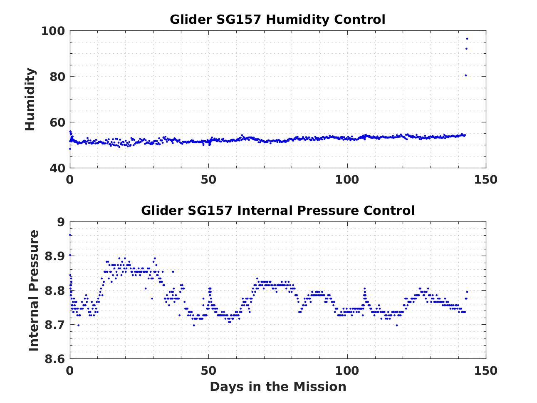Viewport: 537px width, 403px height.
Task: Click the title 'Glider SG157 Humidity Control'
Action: [x=277, y=20]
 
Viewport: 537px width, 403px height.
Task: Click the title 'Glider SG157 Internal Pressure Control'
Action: [x=277, y=210]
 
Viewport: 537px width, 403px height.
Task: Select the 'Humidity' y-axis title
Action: [x=30, y=100]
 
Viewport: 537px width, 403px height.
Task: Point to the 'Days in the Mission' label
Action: [x=277, y=387]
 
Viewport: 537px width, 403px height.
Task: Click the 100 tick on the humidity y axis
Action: [x=52, y=31]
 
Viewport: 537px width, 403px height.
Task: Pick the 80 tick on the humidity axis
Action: [x=57, y=77]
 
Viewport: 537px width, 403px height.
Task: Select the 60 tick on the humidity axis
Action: [x=57, y=122]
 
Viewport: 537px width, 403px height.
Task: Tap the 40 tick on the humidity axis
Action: [x=57, y=168]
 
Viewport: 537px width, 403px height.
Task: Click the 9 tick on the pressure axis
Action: [x=61, y=222]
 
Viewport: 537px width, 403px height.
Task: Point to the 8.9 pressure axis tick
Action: [x=55, y=256]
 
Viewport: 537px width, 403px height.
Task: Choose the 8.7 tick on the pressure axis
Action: [x=55, y=324]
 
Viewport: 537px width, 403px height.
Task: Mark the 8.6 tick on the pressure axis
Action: [x=55, y=358]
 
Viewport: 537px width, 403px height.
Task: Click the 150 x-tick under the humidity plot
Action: [x=485, y=179]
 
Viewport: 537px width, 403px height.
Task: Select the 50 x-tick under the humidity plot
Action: [x=208, y=179]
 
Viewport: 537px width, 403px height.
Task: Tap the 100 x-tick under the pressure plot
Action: [x=347, y=370]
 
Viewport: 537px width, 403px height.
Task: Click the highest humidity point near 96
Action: [x=467, y=39]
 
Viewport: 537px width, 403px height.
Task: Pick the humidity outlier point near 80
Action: [x=465, y=75]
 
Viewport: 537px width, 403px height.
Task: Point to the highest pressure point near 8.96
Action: [x=70, y=235]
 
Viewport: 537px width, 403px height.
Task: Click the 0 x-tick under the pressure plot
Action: [x=70, y=370]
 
